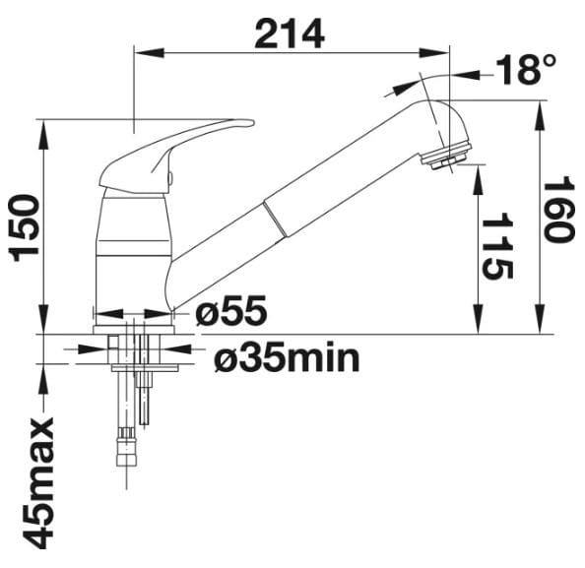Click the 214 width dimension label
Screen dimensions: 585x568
tap(290, 34)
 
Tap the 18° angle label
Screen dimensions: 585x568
tap(525, 70)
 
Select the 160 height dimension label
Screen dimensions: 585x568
tap(557, 213)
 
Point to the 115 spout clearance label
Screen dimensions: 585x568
tap(497, 246)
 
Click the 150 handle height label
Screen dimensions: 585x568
tap(26, 228)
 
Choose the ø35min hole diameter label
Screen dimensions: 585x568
tap(287, 357)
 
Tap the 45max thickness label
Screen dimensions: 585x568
tap(39, 483)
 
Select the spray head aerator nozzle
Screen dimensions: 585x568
tap(443, 159)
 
